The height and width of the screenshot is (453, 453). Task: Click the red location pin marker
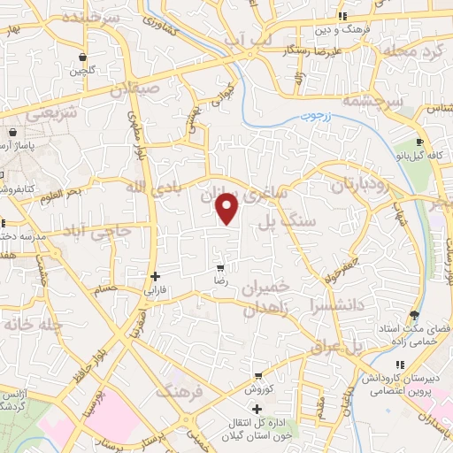(228, 208)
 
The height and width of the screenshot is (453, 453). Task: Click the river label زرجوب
(312, 116)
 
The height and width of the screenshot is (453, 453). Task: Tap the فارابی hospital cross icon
(156, 276)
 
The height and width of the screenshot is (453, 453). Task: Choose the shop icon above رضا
(219, 266)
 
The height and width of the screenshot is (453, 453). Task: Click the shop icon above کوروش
(257, 376)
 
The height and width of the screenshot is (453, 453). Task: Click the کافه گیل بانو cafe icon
(420, 142)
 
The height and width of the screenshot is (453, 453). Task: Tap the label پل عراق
(337, 348)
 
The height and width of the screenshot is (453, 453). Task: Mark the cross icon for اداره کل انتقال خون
(257, 409)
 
